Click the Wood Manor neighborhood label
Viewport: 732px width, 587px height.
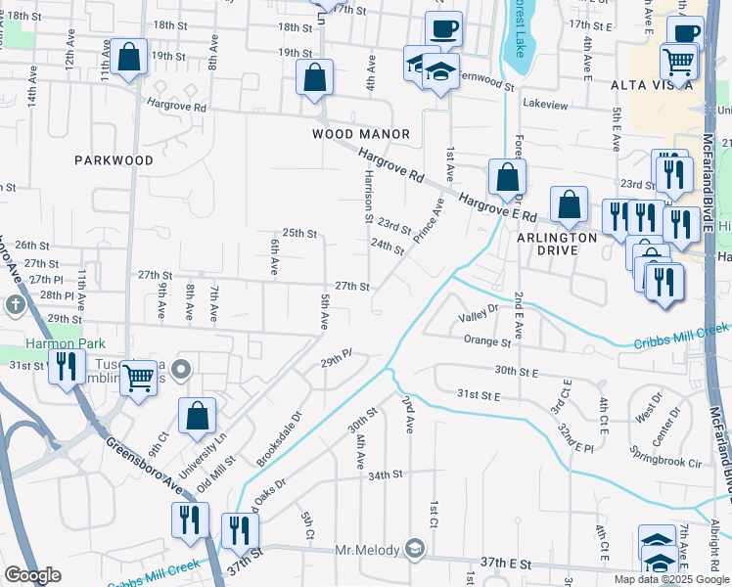(360, 134)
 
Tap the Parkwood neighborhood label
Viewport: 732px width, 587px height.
(114, 159)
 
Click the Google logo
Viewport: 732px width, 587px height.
(32, 575)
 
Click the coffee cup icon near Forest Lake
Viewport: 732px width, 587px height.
(443, 29)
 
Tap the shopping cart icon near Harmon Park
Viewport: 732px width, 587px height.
(139, 377)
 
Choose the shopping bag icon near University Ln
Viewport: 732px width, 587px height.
(197, 415)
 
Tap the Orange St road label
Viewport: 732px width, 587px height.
(487, 342)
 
